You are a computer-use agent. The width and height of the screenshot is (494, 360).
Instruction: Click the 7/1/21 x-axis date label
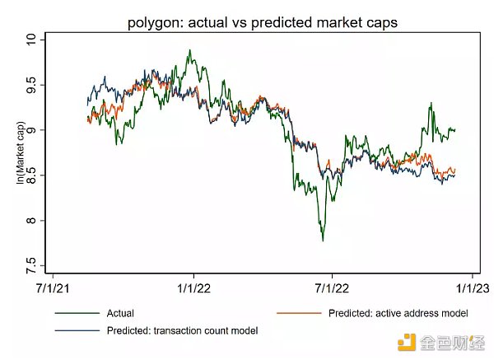[54, 288]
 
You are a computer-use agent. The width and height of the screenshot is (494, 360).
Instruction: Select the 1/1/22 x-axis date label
[193, 288]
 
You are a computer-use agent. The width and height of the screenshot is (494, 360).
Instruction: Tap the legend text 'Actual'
[120, 313]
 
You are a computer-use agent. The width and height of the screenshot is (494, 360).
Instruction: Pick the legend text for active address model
[398, 313]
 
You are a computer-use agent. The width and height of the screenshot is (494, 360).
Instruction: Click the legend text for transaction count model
[182, 330]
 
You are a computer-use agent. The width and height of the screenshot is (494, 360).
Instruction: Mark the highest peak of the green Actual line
[190, 50]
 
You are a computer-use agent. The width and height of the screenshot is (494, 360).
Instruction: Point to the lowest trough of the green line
[323, 241]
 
